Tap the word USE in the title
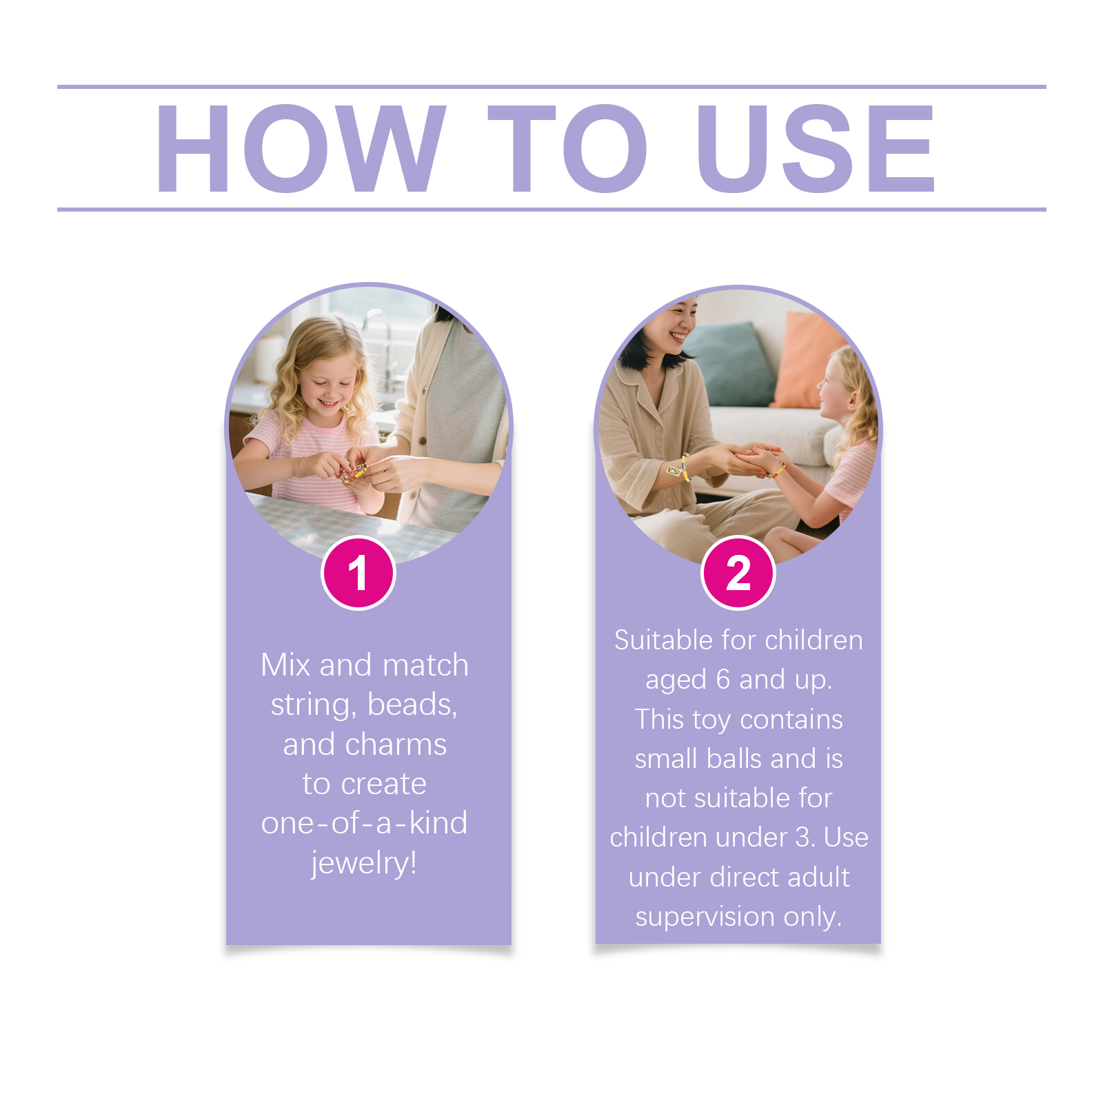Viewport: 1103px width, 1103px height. [x=816, y=148]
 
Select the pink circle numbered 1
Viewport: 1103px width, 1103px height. [x=358, y=573]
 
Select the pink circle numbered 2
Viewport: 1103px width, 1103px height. [x=738, y=573]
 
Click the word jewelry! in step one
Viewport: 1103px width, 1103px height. [x=364, y=863]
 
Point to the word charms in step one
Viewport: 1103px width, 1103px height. [x=396, y=745]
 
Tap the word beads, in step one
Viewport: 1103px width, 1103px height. [x=412, y=705]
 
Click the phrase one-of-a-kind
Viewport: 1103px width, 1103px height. [x=364, y=823]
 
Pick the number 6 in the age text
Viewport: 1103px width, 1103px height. [x=722, y=680]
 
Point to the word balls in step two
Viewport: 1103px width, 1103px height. [x=734, y=758]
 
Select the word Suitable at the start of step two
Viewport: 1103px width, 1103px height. [x=662, y=640]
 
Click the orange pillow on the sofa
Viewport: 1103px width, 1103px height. [x=809, y=361]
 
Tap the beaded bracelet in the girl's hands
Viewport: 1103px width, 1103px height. [x=354, y=472]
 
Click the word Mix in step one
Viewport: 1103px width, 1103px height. [x=285, y=665]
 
